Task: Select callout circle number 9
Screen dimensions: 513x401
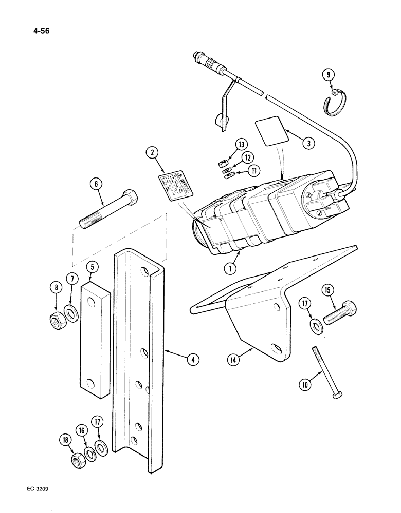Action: tap(326, 75)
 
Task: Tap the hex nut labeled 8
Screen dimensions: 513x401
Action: tap(54, 322)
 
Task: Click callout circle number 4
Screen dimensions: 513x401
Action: tap(192, 360)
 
